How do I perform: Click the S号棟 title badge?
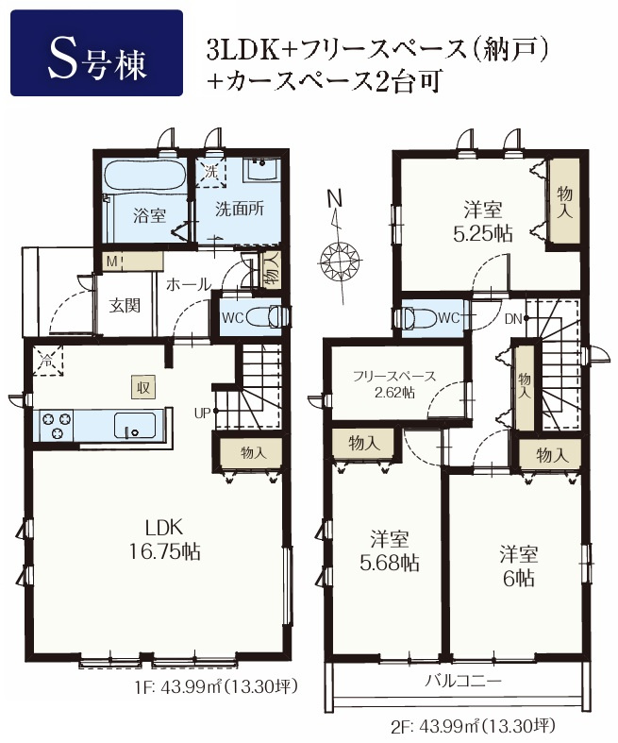96,54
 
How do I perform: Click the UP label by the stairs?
203,412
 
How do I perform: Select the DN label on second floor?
512,318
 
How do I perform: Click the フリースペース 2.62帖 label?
395,383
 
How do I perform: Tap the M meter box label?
111,260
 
